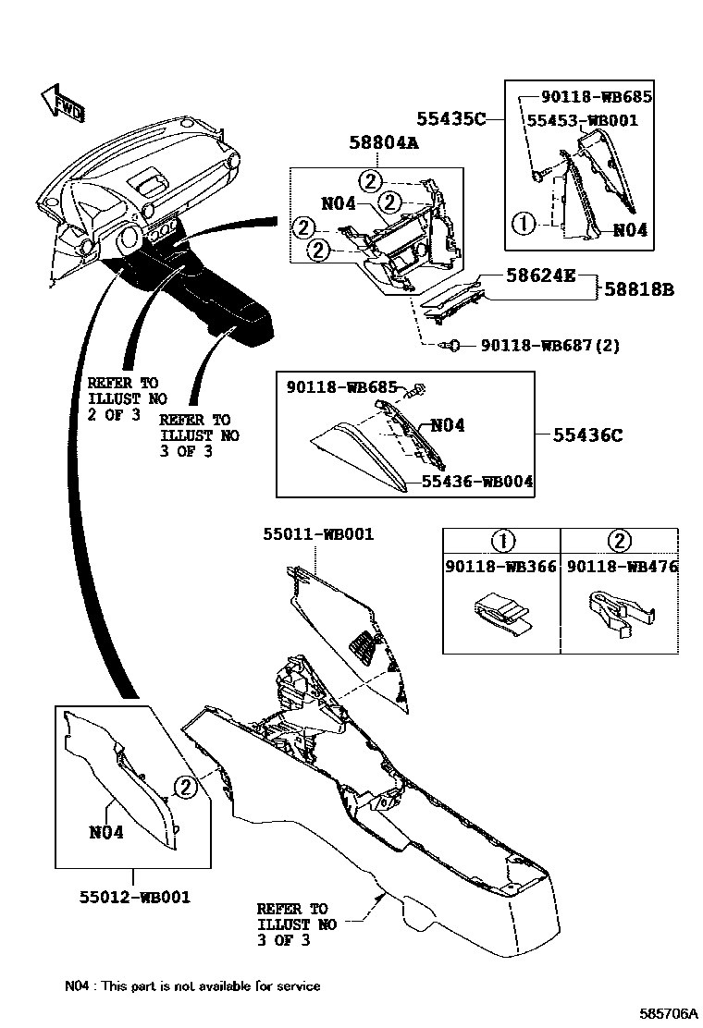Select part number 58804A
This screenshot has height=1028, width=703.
(x=384, y=143)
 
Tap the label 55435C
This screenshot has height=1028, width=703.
(x=450, y=118)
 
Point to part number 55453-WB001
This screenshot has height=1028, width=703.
(x=582, y=120)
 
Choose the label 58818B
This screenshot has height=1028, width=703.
(x=639, y=289)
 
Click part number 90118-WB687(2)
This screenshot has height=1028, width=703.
(x=550, y=346)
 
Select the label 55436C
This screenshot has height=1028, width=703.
(x=588, y=434)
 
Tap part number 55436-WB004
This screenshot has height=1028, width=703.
(x=477, y=481)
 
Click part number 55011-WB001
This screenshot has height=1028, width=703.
(x=317, y=534)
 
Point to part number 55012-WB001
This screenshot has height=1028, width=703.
(x=134, y=896)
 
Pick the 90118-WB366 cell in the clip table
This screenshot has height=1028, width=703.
(x=500, y=567)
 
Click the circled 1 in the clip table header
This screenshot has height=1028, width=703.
(x=500, y=542)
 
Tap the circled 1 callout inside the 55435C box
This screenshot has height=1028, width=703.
(x=524, y=222)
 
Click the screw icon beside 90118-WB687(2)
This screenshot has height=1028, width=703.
(x=453, y=346)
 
